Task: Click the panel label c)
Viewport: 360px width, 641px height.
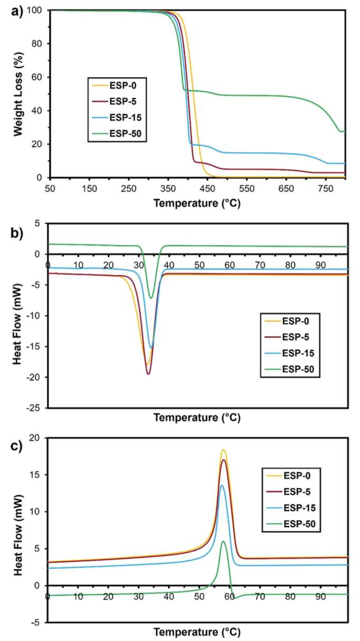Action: click(17, 447)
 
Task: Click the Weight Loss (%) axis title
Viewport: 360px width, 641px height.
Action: click(18, 94)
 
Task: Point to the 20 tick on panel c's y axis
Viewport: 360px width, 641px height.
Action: click(36, 438)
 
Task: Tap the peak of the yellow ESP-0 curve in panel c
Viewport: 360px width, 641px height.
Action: click(223, 450)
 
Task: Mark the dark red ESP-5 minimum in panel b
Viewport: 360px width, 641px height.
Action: click(148, 374)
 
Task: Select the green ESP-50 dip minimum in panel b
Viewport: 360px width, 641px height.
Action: click(151, 298)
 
